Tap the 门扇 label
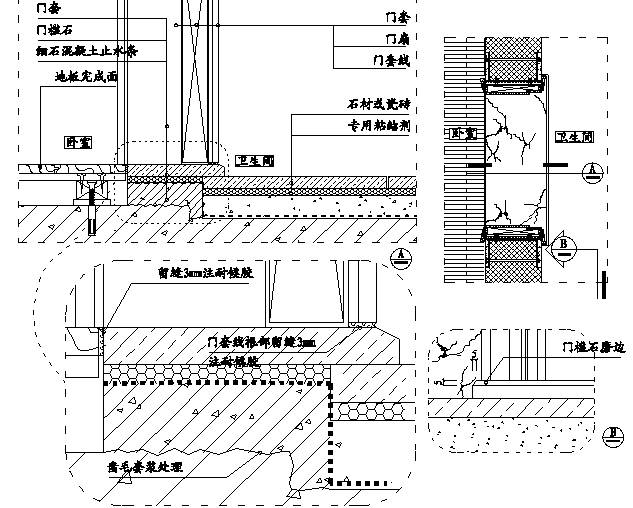[397, 38]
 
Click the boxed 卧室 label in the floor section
[77, 143]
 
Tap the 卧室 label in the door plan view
[464, 133]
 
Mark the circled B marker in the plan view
[563, 245]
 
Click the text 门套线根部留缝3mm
[260, 342]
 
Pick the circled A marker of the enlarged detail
[401, 256]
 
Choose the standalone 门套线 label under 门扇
[389, 60]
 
